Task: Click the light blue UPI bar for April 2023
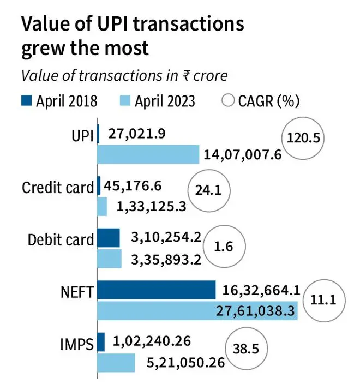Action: pos(148,154)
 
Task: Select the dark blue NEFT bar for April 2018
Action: pos(157,290)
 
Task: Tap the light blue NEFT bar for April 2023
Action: pos(197,311)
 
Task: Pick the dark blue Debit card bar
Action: pos(109,238)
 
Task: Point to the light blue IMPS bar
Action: pos(116,363)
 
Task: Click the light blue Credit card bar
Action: pos(102,206)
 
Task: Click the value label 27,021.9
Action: pos(136,134)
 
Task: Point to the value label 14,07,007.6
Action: pos(243,155)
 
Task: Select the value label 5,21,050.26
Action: pos(185,363)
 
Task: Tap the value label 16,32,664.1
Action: pos(261,291)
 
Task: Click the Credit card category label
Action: pos(58,187)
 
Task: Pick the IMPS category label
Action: pos(77,344)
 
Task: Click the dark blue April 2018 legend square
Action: pos(26,101)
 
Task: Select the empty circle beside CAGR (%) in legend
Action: pos(228,101)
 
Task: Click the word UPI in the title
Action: pos(112,24)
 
